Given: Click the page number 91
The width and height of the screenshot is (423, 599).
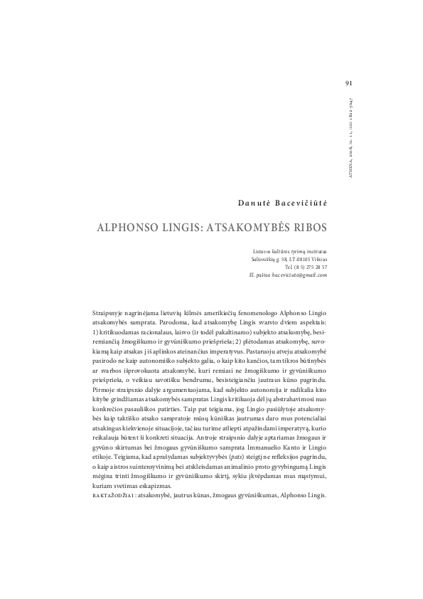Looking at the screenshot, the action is (348, 83).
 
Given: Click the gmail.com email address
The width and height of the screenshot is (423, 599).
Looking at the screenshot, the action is (293, 275).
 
